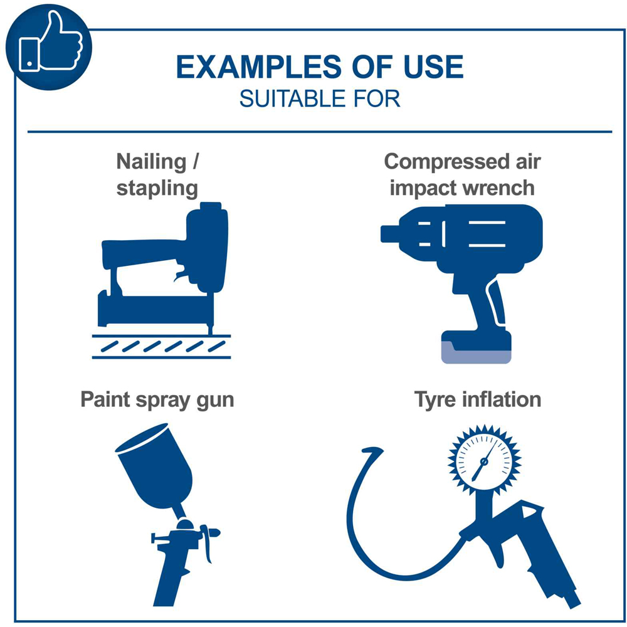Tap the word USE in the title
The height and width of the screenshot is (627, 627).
pos(433,66)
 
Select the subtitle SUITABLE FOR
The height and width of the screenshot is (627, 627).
pos(320,99)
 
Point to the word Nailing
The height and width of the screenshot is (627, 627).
pos(152,162)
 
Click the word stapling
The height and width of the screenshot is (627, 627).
pos(157,188)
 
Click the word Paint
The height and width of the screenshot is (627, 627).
pos(105,399)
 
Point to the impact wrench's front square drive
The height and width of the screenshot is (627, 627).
pos(390,234)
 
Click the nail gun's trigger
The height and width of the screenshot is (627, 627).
pos(180,276)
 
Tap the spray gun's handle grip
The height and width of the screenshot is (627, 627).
pos(169,576)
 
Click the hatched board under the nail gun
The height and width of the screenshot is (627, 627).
pos(162,346)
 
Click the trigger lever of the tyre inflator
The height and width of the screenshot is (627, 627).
pos(498,551)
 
